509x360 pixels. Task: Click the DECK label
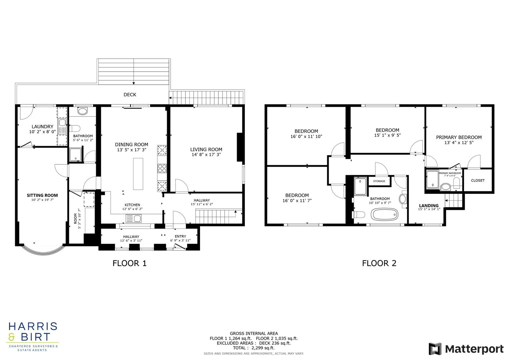(x=130, y=95)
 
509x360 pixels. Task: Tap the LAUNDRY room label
(x=42, y=127)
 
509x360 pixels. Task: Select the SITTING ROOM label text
(x=42, y=195)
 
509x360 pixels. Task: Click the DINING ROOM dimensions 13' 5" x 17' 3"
(x=132, y=150)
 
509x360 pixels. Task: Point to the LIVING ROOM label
(x=206, y=149)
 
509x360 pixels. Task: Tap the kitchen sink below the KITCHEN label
(x=133, y=219)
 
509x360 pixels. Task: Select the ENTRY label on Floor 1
(x=180, y=236)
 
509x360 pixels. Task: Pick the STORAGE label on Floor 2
(x=379, y=181)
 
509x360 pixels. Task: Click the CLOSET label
(x=478, y=180)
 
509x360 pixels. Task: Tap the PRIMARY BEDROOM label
(x=459, y=137)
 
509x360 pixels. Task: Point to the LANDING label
(x=429, y=205)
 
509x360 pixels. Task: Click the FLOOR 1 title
(x=129, y=263)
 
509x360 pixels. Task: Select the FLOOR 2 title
(x=379, y=263)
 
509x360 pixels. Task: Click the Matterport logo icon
(x=435, y=349)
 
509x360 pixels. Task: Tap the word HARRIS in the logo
(x=33, y=327)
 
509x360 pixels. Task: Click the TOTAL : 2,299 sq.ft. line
(x=254, y=348)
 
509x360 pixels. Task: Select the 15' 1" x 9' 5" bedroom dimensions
(x=387, y=135)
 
